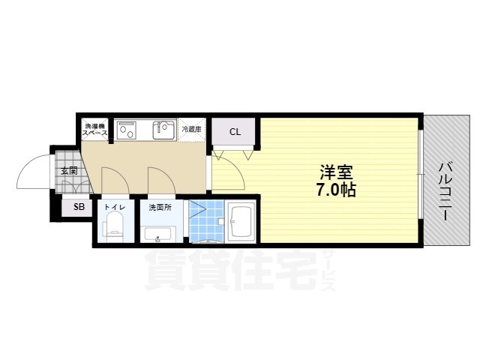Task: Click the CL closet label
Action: coord(235,133)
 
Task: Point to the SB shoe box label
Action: coord(78,208)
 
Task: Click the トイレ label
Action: coord(114,206)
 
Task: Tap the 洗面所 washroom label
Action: coord(159,206)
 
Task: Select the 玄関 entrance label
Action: coord(68,171)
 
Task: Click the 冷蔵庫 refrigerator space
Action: coord(192,129)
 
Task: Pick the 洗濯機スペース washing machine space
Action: coord(95,129)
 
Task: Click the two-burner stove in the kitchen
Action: coord(126,130)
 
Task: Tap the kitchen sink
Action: coord(162,130)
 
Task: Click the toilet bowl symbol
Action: coord(114,226)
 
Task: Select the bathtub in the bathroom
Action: coord(241,220)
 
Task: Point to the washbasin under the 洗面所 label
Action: coord(159,236)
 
